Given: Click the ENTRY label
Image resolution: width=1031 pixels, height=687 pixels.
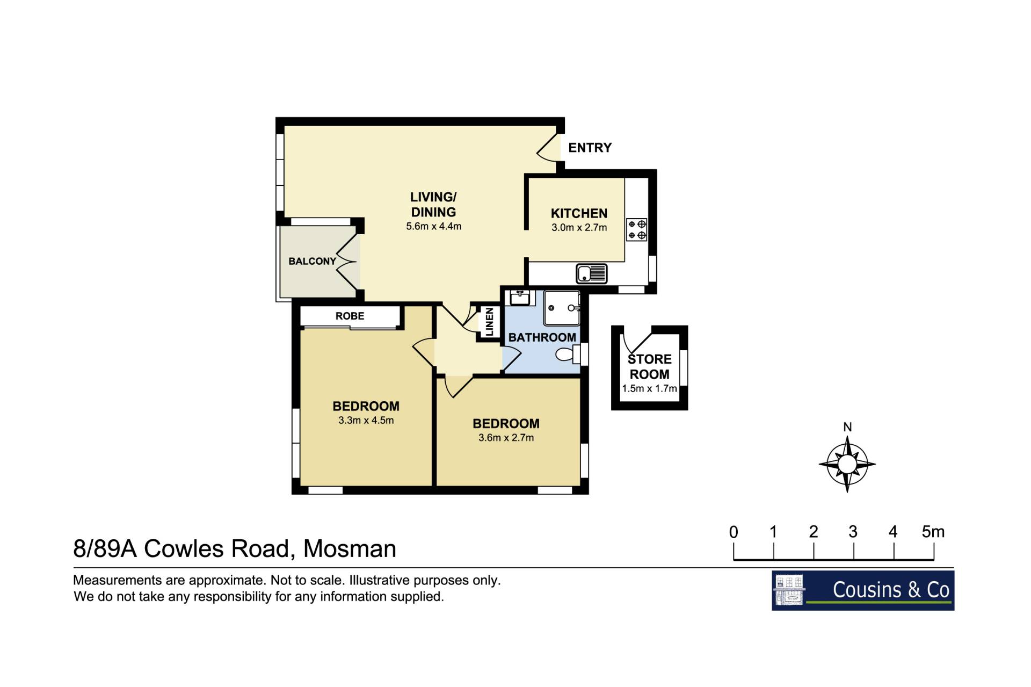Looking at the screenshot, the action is tap(590, 148).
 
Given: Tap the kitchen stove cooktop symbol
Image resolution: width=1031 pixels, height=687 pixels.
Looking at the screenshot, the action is tap(637, 229).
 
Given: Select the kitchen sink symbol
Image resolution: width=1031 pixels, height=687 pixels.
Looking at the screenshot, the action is tap(591, 273).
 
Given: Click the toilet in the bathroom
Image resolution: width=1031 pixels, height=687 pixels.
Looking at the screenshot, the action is tap(568, 355).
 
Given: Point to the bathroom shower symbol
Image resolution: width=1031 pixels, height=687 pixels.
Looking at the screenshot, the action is tap(562, 308).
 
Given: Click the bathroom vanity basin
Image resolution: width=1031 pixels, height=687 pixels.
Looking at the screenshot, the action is tap(519, 298).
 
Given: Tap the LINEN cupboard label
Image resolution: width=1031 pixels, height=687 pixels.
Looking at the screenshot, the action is tap(489, 322).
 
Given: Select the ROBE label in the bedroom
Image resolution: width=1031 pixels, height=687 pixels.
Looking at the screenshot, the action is tap(350, 316).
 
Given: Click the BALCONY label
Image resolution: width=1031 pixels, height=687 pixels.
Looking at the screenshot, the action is tap(312, 262).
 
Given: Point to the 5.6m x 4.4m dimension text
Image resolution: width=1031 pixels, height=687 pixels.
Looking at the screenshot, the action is tap(433, 227).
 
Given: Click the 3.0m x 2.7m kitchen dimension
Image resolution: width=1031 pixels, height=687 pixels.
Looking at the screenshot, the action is tap(579, 228).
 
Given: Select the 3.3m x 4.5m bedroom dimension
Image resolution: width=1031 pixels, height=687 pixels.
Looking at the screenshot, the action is tap(366, 421).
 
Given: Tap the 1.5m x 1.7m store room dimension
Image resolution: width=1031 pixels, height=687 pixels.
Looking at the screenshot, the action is tap(649, 388).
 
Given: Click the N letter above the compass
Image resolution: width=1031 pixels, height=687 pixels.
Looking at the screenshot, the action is tap(847, 427).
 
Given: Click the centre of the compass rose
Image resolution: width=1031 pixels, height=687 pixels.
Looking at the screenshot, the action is tap(847, 464).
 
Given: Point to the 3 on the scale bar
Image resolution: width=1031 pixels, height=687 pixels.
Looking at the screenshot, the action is tap(853, 532).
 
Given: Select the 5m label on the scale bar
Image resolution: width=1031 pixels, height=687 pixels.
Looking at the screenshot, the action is tap(933, 532).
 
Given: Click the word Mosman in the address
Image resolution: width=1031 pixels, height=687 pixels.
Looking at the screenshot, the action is tap(350, 549).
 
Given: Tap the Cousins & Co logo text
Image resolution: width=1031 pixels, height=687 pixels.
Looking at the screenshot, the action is tap(891, 590).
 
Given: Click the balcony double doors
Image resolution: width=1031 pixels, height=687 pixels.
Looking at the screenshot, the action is tap(347, 261).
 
